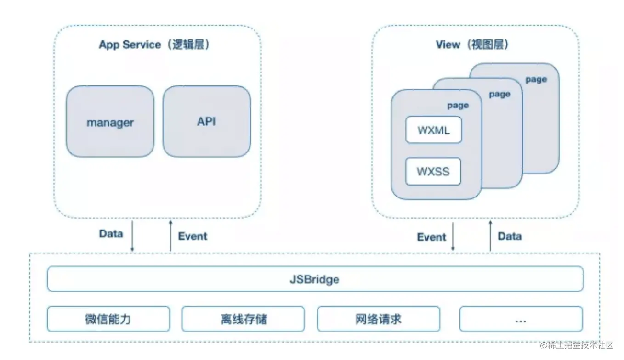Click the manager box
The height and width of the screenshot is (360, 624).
110,121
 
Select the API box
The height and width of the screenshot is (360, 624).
207,121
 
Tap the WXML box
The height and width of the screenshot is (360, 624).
434,130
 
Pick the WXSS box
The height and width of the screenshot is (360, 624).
433,171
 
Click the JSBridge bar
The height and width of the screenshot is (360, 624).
315,279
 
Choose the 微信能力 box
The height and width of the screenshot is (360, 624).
108,319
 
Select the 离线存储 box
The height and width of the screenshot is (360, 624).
243,319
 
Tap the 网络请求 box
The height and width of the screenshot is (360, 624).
379,319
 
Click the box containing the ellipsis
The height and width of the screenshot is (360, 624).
521,319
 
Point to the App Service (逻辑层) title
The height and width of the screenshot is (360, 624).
154,45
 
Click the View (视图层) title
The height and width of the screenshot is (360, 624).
472,45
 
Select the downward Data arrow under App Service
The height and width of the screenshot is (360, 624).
133,236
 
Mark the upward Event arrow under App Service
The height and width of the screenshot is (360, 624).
170,236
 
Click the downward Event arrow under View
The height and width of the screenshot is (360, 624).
453,236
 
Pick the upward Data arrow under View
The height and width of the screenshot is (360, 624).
490,236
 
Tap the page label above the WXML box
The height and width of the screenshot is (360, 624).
458,106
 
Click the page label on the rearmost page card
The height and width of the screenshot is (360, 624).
536,80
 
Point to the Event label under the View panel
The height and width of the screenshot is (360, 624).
431,237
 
